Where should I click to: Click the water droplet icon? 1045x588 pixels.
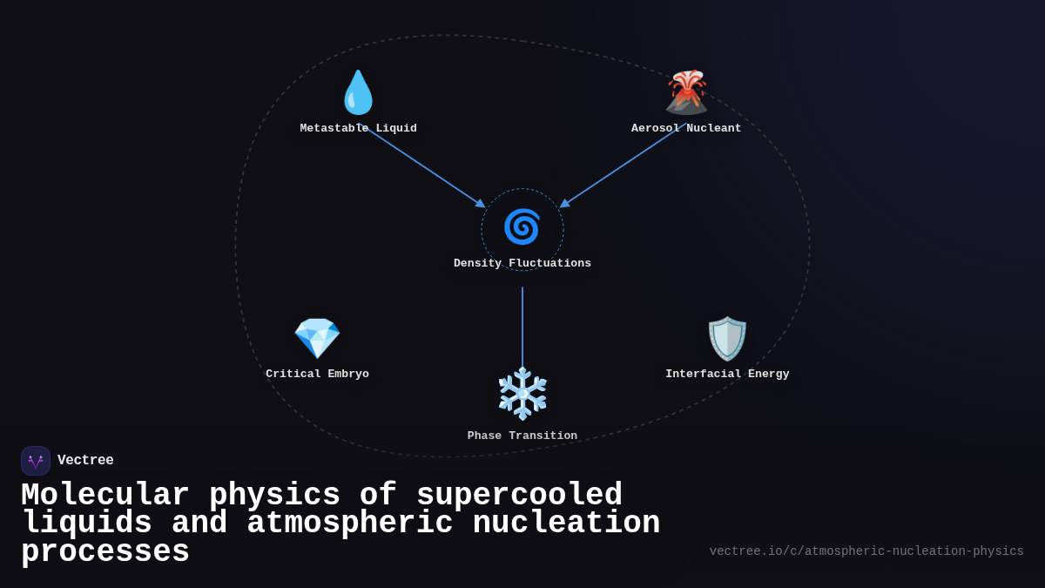click(358, 92)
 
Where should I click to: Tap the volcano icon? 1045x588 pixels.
click(686, 92)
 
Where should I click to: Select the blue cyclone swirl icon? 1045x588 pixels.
click(522, 226)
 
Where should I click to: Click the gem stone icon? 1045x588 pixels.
click(317, 338)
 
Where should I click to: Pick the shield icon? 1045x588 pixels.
click(727, 338)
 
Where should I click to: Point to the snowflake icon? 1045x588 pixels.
click(522, 394)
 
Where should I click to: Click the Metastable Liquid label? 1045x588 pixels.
click(358, 128)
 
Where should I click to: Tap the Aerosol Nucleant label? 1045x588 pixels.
click(686, 128)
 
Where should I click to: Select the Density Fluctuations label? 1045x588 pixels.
click(522, 263)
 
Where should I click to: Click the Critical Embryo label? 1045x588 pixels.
click(317, 374)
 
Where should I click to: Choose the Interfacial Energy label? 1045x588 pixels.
click(727, 374)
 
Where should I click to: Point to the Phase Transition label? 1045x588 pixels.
click(522, 436)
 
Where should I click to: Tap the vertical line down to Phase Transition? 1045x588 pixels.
click(522, 327)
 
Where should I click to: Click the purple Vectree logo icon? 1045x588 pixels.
click(36, 461)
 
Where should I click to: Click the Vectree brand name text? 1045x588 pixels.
click(85, 461)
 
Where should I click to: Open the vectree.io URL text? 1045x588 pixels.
click(866, 551)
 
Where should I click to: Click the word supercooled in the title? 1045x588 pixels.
click(519, 495)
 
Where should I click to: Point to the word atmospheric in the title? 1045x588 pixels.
click(350, 524)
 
